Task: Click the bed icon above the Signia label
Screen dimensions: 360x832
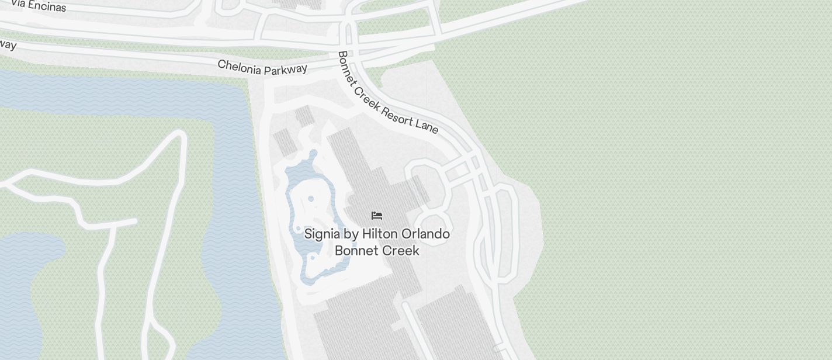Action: tap(377, 216)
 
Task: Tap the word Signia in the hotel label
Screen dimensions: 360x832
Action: tap(322, 234)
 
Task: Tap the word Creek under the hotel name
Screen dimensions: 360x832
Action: tap(400, 251)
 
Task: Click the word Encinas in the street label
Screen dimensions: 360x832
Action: tap(47, 7)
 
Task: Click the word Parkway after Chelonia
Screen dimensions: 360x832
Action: tap(286, 70)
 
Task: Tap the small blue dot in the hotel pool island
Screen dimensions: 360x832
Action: tap(311, 199)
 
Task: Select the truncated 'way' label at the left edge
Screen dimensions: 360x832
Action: tap(7, 44)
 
